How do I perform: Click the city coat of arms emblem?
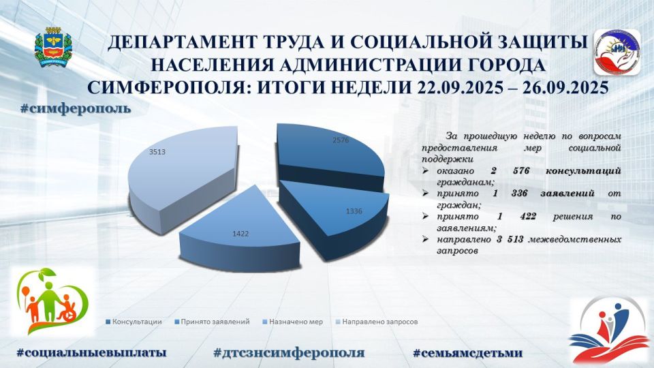52,48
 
